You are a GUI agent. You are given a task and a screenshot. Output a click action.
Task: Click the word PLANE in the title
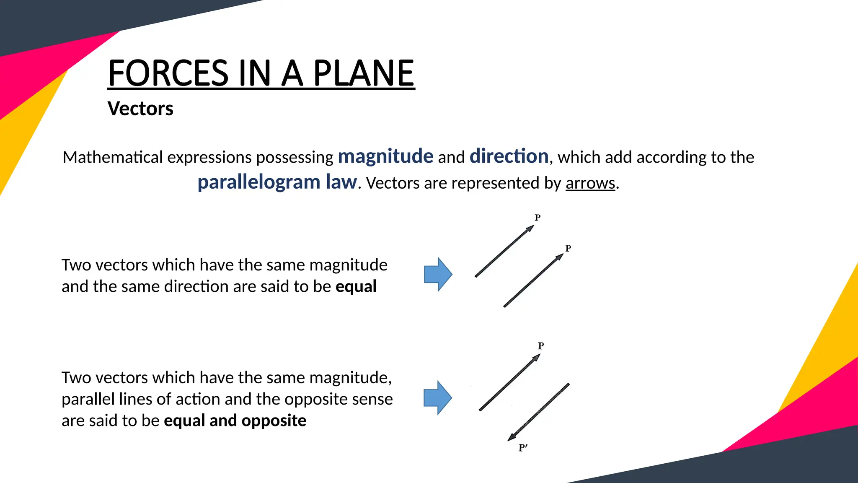click(364, 73)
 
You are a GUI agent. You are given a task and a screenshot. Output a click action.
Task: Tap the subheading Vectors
click(140, 109)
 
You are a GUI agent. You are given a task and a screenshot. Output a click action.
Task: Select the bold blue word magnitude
click(385, 156)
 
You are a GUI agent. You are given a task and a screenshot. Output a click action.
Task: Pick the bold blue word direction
click(509, 156)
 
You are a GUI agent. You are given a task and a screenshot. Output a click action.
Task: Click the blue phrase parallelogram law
click(277, 182)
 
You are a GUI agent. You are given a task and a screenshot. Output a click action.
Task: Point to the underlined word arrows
click(590, 183)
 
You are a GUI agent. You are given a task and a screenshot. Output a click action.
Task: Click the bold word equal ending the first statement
click(356, 287)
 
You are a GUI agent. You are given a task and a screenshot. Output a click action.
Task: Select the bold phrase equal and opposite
click(235, 421)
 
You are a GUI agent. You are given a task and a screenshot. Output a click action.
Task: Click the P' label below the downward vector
click(522, 448)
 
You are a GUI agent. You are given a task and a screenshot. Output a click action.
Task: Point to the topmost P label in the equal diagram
click(538, 218)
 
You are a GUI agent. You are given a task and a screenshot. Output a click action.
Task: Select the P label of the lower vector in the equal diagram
click(568, 248)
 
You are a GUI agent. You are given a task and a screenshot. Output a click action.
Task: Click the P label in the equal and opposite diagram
click(541, 346)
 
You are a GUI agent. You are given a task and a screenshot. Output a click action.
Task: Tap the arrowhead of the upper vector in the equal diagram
click(530, 229)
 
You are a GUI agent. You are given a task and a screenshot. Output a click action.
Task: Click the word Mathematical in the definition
click(113, 158)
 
